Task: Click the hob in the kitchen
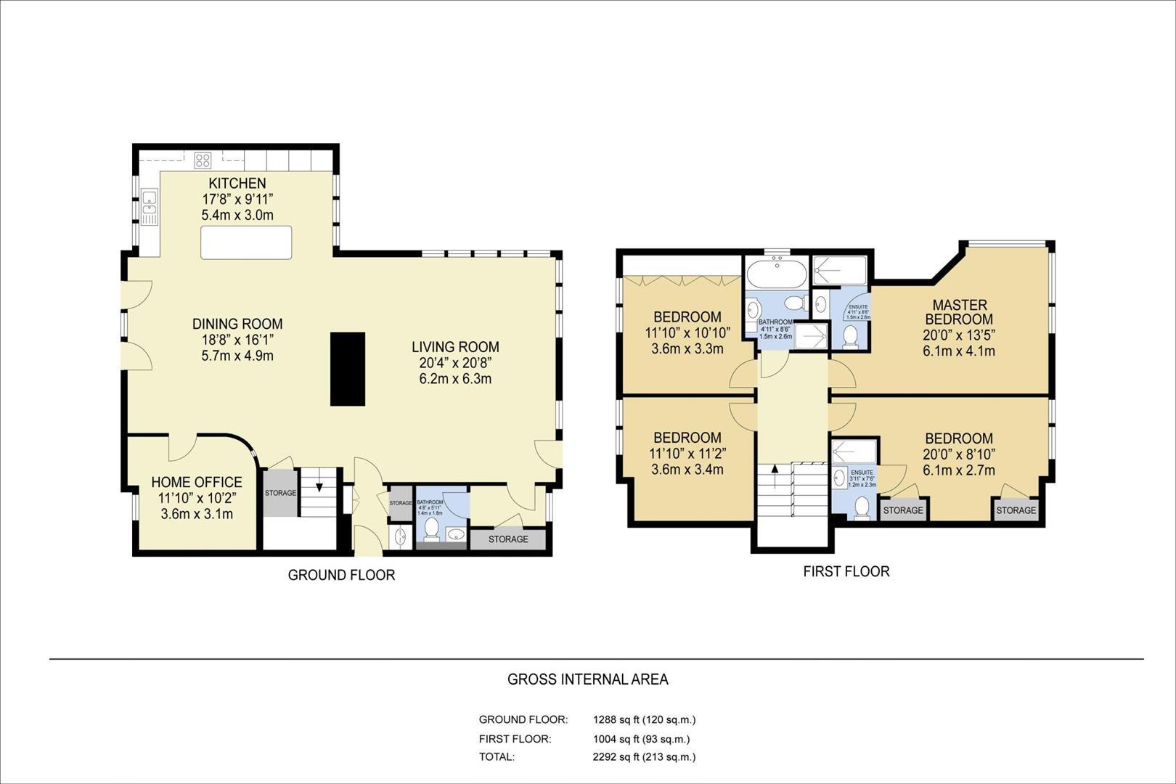(203, 160)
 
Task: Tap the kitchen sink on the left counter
(150, 205)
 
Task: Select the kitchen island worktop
(246, 242)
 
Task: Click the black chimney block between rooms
(348, 369)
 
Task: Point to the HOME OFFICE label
(196, 482)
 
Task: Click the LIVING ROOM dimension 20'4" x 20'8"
(455, 363)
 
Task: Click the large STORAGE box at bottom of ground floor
(508, 539)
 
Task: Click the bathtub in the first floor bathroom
(776, 275)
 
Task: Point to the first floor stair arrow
(775, 470)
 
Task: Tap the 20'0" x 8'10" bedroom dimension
(958, 454)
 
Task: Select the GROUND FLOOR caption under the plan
(341, 575)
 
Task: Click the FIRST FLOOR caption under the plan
(846, 571)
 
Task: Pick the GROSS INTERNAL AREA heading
(587, 679)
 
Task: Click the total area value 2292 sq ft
(644, 756)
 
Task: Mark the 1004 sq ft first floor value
(641, 739)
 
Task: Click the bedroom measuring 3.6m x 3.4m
(687, 454)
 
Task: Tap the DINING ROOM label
(237, 324)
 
